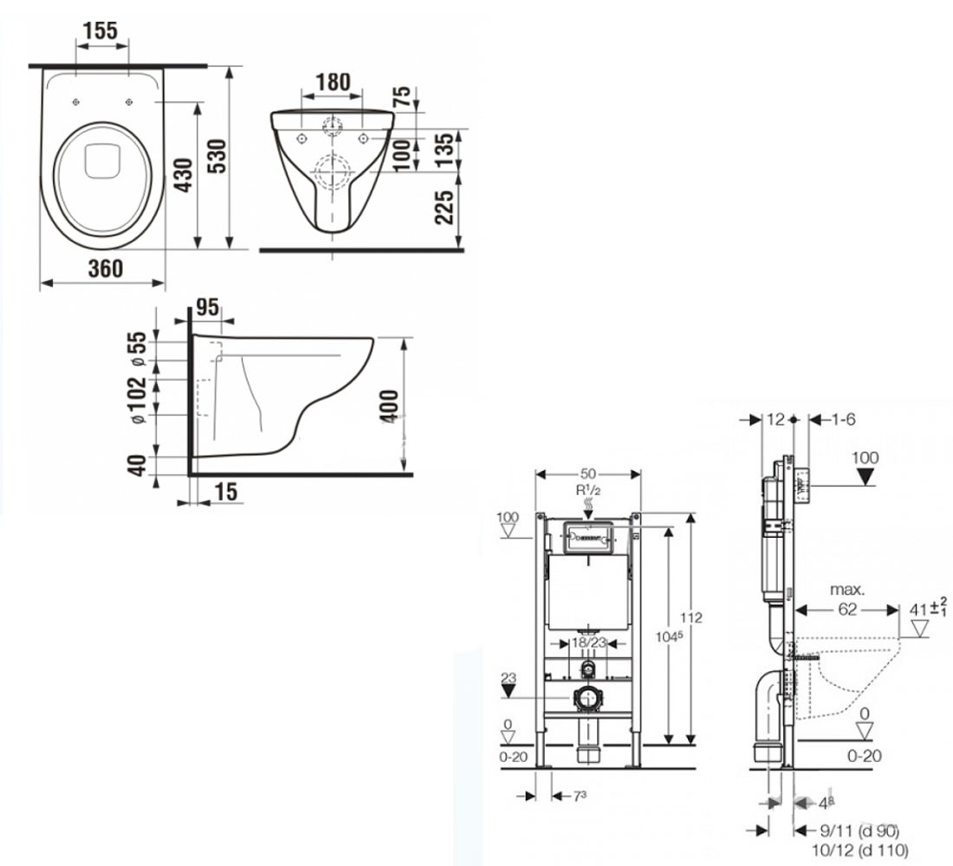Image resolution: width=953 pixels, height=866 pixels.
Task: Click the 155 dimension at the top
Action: point(100,30)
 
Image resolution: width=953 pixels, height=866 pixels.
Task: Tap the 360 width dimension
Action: point(106,268)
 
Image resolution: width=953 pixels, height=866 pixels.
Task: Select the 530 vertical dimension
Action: point(217,157)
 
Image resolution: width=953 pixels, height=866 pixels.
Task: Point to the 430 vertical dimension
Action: point(184,175)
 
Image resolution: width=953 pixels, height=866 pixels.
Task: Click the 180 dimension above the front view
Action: point(333,82)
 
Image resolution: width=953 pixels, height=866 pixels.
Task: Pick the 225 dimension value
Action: point(444,207)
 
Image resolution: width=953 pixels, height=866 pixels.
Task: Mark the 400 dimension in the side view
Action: point(390,406)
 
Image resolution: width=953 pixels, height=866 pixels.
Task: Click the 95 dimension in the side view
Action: point(208,307)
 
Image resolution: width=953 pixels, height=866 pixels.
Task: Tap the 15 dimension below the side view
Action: point(226,492)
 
